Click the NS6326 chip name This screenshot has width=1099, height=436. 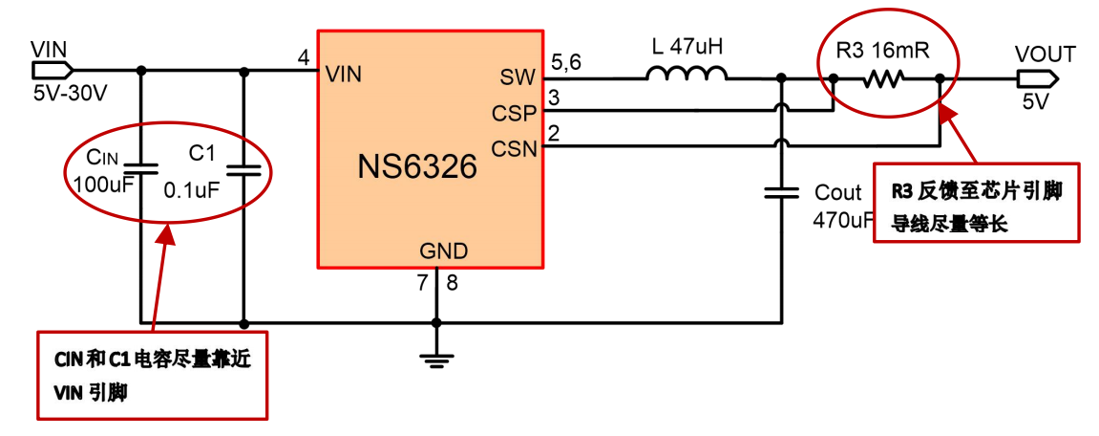point(417,167)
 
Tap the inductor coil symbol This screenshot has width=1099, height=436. point(686,75)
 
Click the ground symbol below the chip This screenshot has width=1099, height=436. point(436,359)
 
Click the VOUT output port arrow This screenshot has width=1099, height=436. point(1036,78)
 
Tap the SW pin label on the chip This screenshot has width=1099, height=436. point(518,77)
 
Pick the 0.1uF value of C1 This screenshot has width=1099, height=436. point(192,189)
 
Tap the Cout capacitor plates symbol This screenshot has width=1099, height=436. point(782,193)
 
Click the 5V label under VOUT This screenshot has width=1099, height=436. point(1034,101)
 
